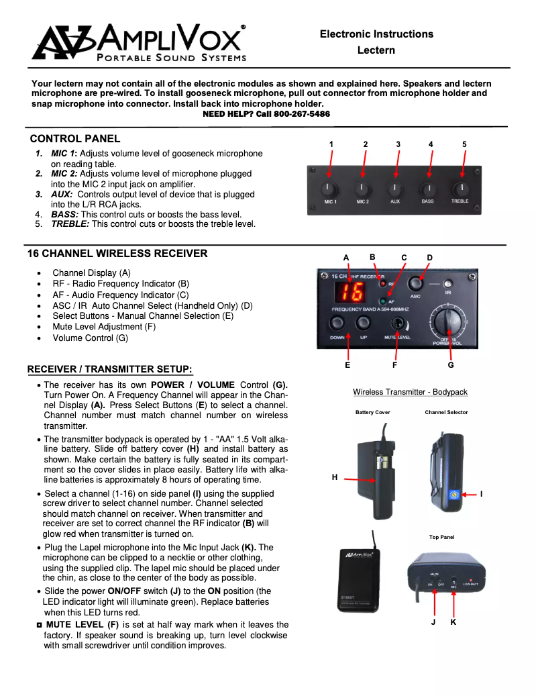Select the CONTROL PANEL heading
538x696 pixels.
coord(75,139)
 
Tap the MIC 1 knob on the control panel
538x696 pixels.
coord(330,189)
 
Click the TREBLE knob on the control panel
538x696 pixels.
coord(460,189)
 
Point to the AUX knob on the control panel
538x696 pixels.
coord(395,189)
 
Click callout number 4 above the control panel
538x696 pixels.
coord(431,144)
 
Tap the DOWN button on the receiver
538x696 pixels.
coord(337,325)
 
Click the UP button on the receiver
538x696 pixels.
coord(363,325)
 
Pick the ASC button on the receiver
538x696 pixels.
coord(416,283)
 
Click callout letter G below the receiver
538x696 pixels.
coord(450,365)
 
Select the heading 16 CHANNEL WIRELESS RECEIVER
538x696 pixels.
coord(117,254)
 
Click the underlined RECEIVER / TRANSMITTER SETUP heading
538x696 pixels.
coord(110,370)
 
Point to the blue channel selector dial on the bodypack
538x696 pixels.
coord(453,494)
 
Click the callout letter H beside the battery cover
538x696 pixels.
coord(334,477)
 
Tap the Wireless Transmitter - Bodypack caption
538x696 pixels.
coord(410,392)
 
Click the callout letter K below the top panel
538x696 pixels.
coord(453,622)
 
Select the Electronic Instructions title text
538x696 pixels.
coord(376,34)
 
